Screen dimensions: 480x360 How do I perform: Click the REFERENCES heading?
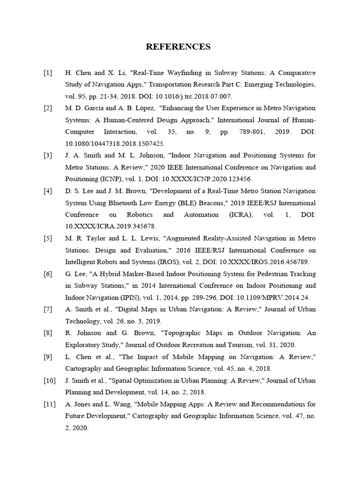(178, 46)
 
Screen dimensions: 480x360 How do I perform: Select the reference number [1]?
(48, 73)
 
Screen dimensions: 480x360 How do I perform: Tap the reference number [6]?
(48, 273)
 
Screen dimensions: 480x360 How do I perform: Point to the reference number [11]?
(50, 404)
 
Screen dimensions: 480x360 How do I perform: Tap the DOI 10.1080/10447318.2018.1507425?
(115, 144)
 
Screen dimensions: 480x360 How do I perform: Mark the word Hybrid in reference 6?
(108, 273)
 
